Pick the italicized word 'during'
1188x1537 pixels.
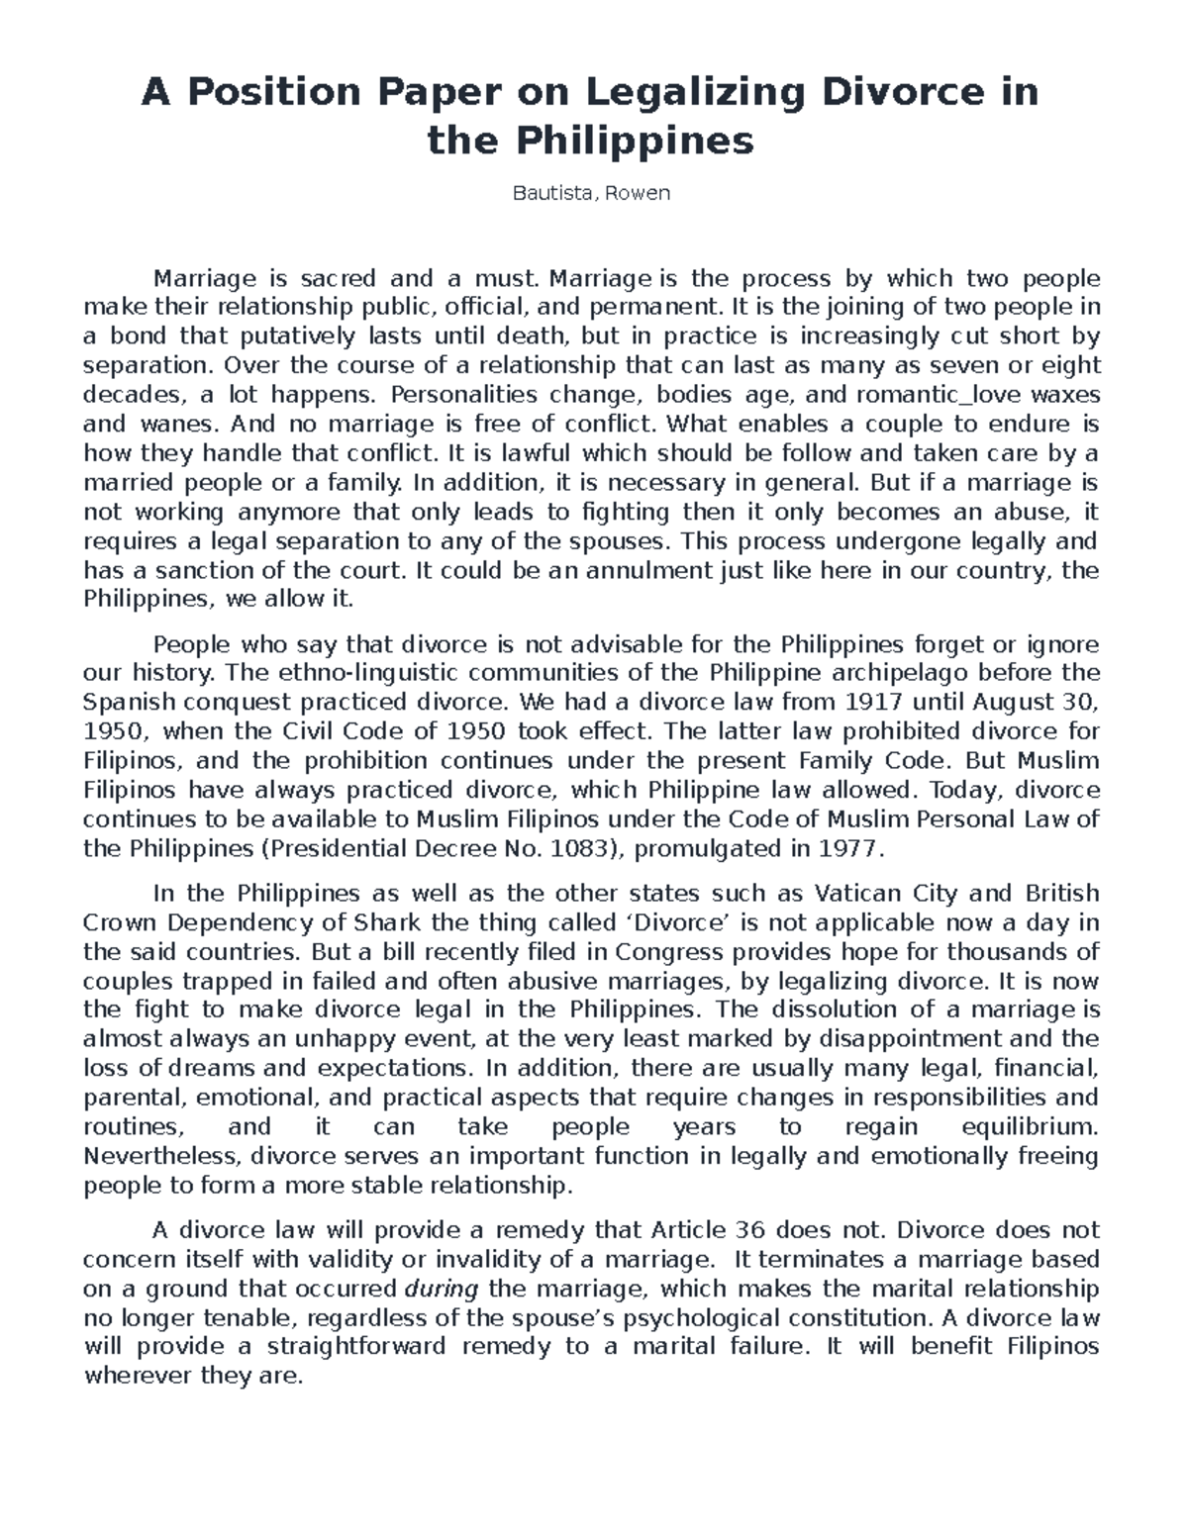(x=442, y=1289)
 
